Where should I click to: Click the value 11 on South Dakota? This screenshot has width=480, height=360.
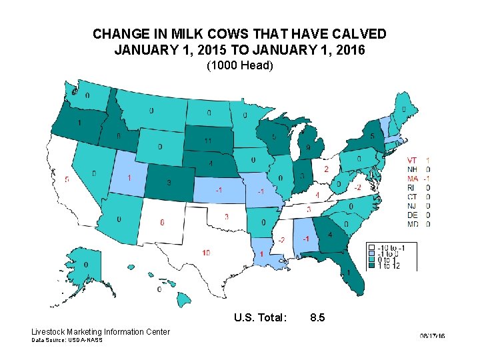pyautogui.click(x=208, y=141)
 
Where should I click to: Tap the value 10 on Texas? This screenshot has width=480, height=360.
pyautogui.click(x=207, y=252)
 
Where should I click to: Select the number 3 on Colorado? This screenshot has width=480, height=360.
pyautogui.click(x=169, y=182)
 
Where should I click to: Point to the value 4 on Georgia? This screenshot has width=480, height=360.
pyautogui.click(x=330, y=235)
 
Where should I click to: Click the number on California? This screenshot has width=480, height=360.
pyautogui.click(x=67, y=179)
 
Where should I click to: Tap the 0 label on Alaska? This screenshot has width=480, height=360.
pyautogui.click(x=86, y=265)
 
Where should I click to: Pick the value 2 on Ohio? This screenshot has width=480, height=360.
pyautogui.click(x=326, y=169)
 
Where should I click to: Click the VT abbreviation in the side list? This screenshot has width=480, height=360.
pyautogui.click(x=412, y=161)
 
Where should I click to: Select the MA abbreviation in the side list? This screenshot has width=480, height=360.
pyautogui.click(x=412, y=179)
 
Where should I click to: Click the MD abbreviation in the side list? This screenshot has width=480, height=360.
pyautogui.click(x=413, y=224)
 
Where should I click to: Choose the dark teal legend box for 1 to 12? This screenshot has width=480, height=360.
pyautogui.click(x=373, y=266)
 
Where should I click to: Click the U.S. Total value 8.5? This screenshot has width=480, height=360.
pyautogui.click(x=317, y=318)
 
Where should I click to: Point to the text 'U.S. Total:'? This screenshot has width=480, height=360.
pyautogui.click(x=261, y=318)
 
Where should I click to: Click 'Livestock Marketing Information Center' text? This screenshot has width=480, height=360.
pyautogui.click(x=101, y=332)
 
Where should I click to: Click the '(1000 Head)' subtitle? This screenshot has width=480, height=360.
pyautogui.click(x=240, y=66)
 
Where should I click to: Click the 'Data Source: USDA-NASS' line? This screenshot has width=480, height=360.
pyautogui.click(x=67, y=341)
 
